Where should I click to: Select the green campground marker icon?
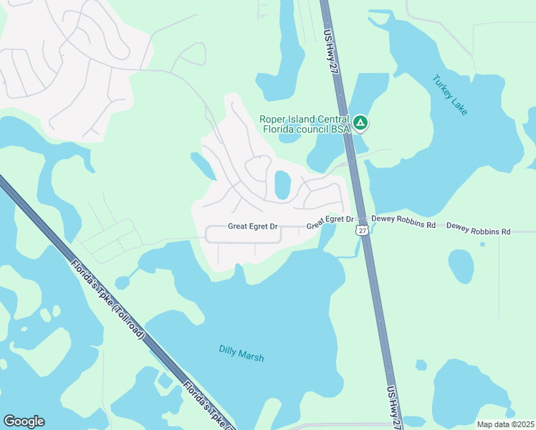(x=361, y=124)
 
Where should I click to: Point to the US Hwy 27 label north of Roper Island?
(x=330, y=50)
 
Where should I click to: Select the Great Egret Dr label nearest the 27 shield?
(x=330, y=222)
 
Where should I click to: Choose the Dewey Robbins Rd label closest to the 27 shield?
(x=403, y=224)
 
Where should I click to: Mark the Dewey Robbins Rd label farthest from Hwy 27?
(x=478, y=231)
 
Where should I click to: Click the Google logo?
(x=24, y=421)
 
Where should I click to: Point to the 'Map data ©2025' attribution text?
(x=506, y=424)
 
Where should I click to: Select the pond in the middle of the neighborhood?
(x=282, y=186)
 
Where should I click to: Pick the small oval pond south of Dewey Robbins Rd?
(x=461, y=266)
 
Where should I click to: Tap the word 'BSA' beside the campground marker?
(x=338, y=129)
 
